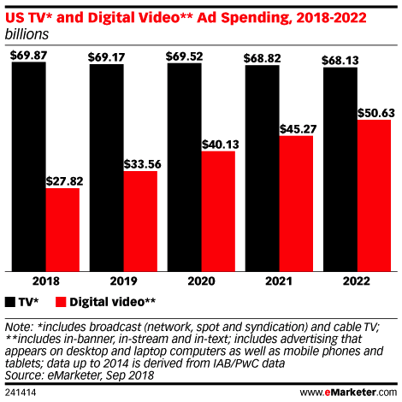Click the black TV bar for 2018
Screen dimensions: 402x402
point(28,167)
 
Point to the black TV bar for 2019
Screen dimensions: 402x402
point(106,168)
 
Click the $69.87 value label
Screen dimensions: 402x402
point(28,54)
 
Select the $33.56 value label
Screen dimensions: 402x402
point(140,163)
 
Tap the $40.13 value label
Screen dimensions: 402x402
point(218,143)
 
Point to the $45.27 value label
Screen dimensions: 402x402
point(296,127)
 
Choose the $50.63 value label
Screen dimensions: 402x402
point(374,111)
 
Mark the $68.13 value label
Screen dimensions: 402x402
point(340,60)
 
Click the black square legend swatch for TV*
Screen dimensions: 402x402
point(10,302)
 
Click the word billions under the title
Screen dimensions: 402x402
point(27,34)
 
